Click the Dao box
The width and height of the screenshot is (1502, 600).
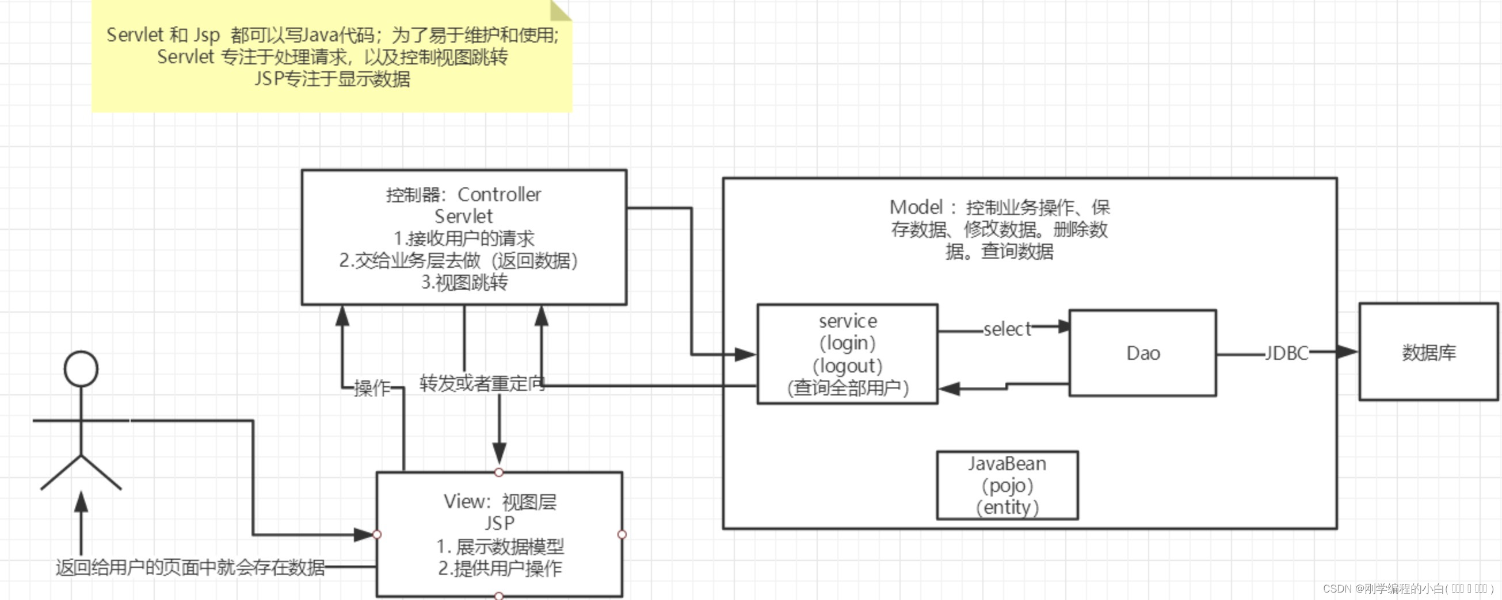point(1142,353)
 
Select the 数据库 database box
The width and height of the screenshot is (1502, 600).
point(1428,352)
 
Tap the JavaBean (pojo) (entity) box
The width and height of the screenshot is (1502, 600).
point(1007,485)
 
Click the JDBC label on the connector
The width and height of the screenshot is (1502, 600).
point(1286,353)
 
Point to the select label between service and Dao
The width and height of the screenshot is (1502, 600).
point(1007,329)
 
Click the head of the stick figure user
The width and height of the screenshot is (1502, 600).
point(81,369)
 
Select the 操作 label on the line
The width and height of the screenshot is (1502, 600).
point(372,388)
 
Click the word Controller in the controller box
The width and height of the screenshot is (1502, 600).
point(499,195)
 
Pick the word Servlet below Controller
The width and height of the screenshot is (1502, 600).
point(463,217)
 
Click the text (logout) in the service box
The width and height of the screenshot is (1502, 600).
point(847,366)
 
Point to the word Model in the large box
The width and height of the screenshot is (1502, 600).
point(916,207)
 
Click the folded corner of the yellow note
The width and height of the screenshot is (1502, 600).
point(560,10)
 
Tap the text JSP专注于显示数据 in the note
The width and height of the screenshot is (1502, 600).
point(333,79)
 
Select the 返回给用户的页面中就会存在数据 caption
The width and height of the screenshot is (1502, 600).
point(190,567)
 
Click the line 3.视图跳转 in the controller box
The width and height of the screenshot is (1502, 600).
point(464,283)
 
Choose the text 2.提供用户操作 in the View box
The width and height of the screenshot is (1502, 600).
point(500,568)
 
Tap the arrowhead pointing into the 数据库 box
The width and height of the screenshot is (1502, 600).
point(1347,352)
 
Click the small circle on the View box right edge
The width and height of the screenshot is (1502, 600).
point(622,534)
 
